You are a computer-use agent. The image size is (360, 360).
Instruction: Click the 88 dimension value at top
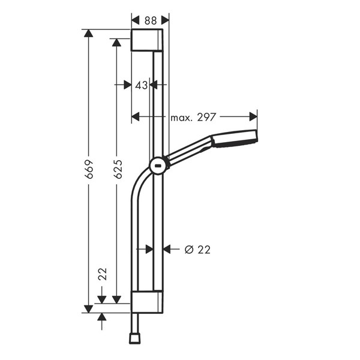[x=151, y=20]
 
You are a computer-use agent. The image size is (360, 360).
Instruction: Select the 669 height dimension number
[x=89, y=169]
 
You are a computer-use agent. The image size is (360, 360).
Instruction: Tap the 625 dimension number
[x=118, y=169]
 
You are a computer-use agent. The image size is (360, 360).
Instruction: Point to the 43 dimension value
[x=141, y=86]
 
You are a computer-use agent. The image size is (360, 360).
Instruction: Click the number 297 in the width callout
[x=206, y=118]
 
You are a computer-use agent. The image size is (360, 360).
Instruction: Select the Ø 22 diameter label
[x=197, y=250]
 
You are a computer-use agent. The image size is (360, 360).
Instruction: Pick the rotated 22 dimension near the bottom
[x=103, y=274]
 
